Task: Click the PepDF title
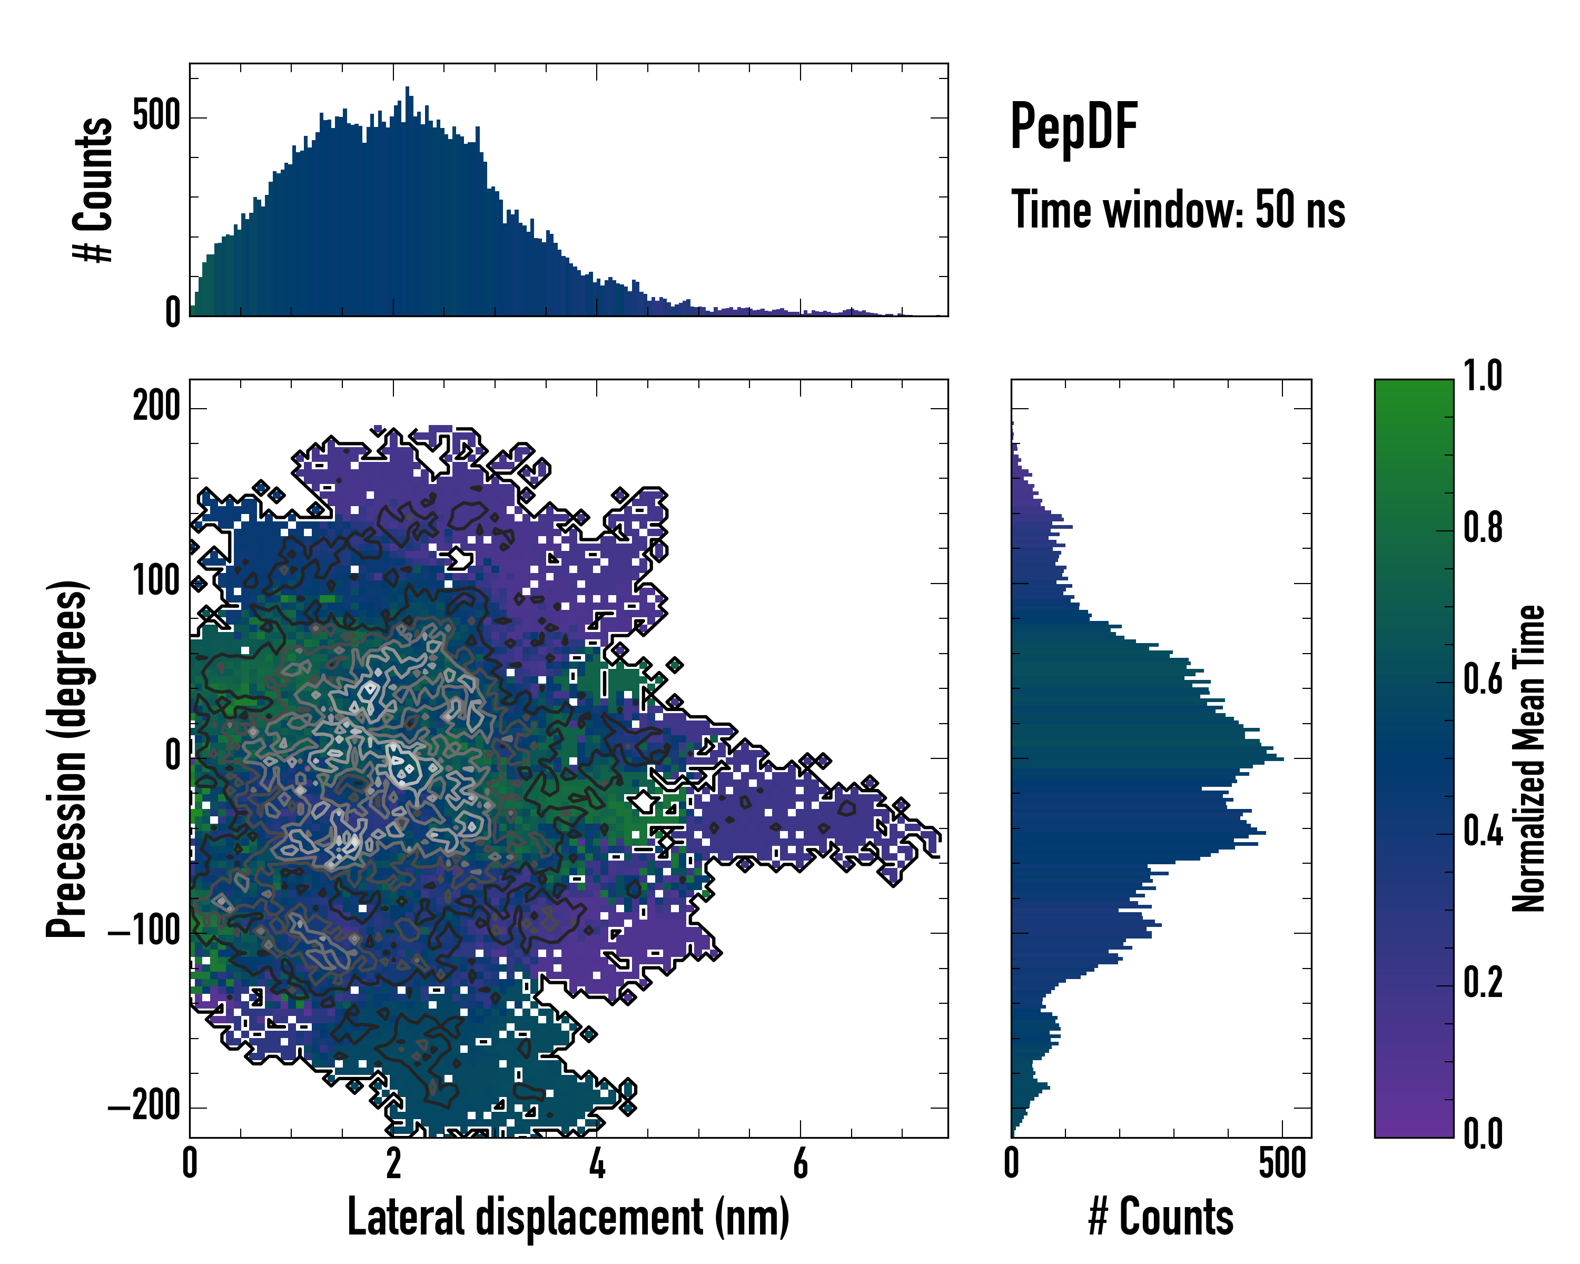1073,127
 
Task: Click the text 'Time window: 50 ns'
1178,210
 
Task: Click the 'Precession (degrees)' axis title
67,758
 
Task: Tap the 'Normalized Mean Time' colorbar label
1529,758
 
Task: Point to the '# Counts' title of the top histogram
93,190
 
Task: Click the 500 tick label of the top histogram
156,116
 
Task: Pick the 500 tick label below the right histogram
1282,1163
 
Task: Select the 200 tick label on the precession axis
156,407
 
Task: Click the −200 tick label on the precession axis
144,1107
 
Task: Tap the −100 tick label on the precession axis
144,932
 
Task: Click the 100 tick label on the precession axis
156,582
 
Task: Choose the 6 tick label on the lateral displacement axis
800,1163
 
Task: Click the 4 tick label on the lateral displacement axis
597,1163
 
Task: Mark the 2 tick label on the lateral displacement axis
393,1163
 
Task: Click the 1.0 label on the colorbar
1483,377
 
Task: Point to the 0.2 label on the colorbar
1483,983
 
